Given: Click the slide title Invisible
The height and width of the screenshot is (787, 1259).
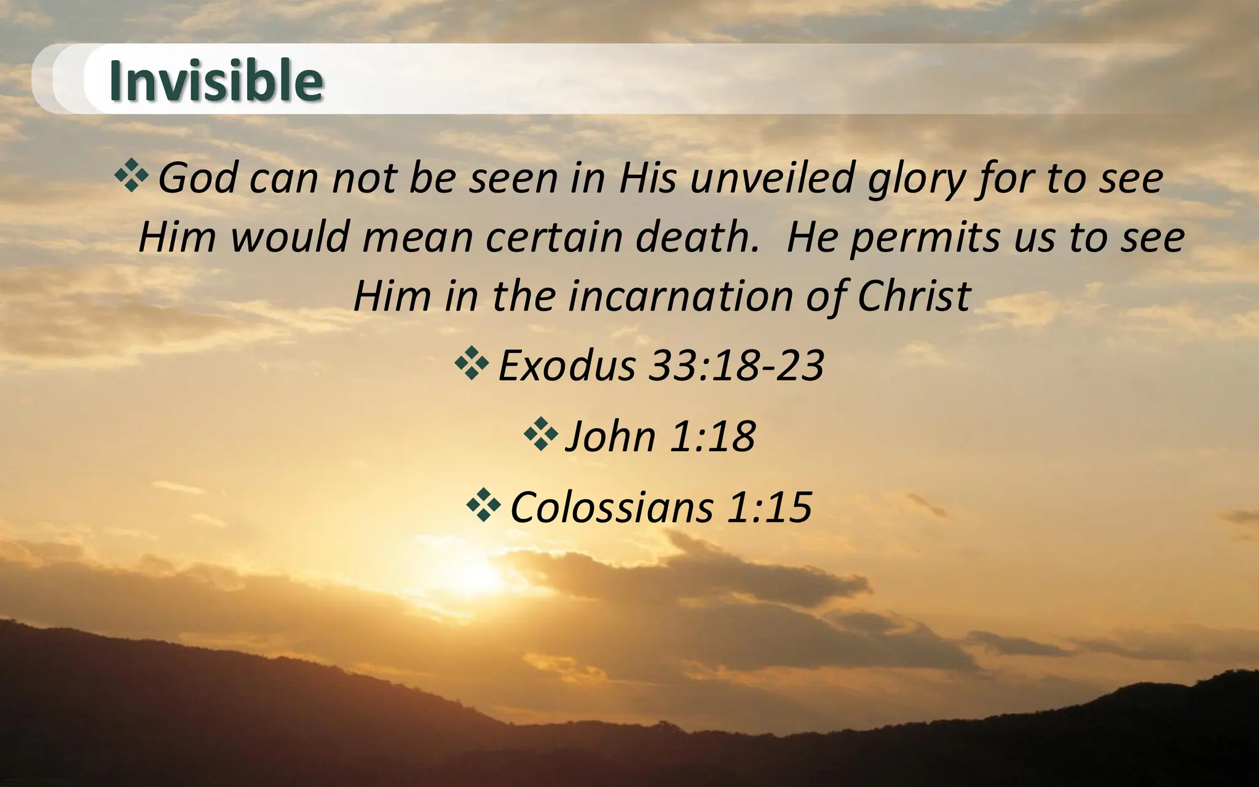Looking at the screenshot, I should coord(216,81).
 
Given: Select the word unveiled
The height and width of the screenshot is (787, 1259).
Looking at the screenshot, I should coord(772,178).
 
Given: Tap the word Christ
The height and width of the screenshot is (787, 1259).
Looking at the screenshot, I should coord(914,296).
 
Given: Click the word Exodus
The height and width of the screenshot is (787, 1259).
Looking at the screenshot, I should coord(566,366).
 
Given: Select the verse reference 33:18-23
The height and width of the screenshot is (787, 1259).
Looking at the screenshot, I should coord(736,366).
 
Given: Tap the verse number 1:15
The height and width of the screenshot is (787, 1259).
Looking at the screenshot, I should coord(770,507).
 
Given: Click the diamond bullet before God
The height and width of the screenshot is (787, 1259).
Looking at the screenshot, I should coord(132,176).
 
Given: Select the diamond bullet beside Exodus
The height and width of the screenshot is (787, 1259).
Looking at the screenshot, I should coord(472,363).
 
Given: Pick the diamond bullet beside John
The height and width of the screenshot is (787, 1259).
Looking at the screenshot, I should coord(541,434).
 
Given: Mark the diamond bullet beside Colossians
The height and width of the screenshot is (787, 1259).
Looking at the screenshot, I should coord(484,505).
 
